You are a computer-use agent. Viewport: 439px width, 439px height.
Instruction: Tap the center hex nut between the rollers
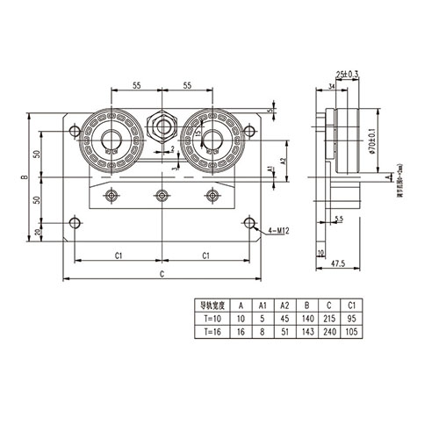coord(161,128)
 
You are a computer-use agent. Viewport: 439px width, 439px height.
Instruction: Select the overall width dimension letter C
coord(161,274)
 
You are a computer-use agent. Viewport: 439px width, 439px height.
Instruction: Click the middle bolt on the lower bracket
coord(161,195)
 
